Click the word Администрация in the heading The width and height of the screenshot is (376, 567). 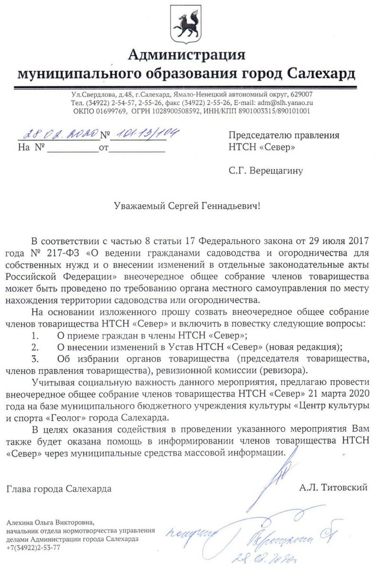187,55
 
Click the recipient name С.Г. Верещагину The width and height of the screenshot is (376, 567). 265,171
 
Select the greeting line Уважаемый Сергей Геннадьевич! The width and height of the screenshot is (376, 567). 187,206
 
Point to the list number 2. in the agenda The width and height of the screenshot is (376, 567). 34,347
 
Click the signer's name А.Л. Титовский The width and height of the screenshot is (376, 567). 333,488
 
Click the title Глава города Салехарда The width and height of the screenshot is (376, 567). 59,489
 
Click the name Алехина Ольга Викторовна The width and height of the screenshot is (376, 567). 51,523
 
